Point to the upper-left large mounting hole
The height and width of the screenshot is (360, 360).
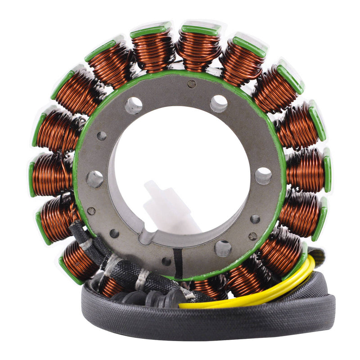click(134, 105)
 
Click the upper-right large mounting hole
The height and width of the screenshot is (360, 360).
click(218, 103)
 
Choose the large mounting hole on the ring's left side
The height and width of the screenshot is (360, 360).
click(94, 179)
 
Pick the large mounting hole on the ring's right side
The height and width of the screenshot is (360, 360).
click(263, 175)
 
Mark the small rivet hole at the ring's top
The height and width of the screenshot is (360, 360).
click(192, 84)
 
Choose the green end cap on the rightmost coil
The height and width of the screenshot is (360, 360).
click(327, 170)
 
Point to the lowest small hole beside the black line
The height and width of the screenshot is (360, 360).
click(166, 261)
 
